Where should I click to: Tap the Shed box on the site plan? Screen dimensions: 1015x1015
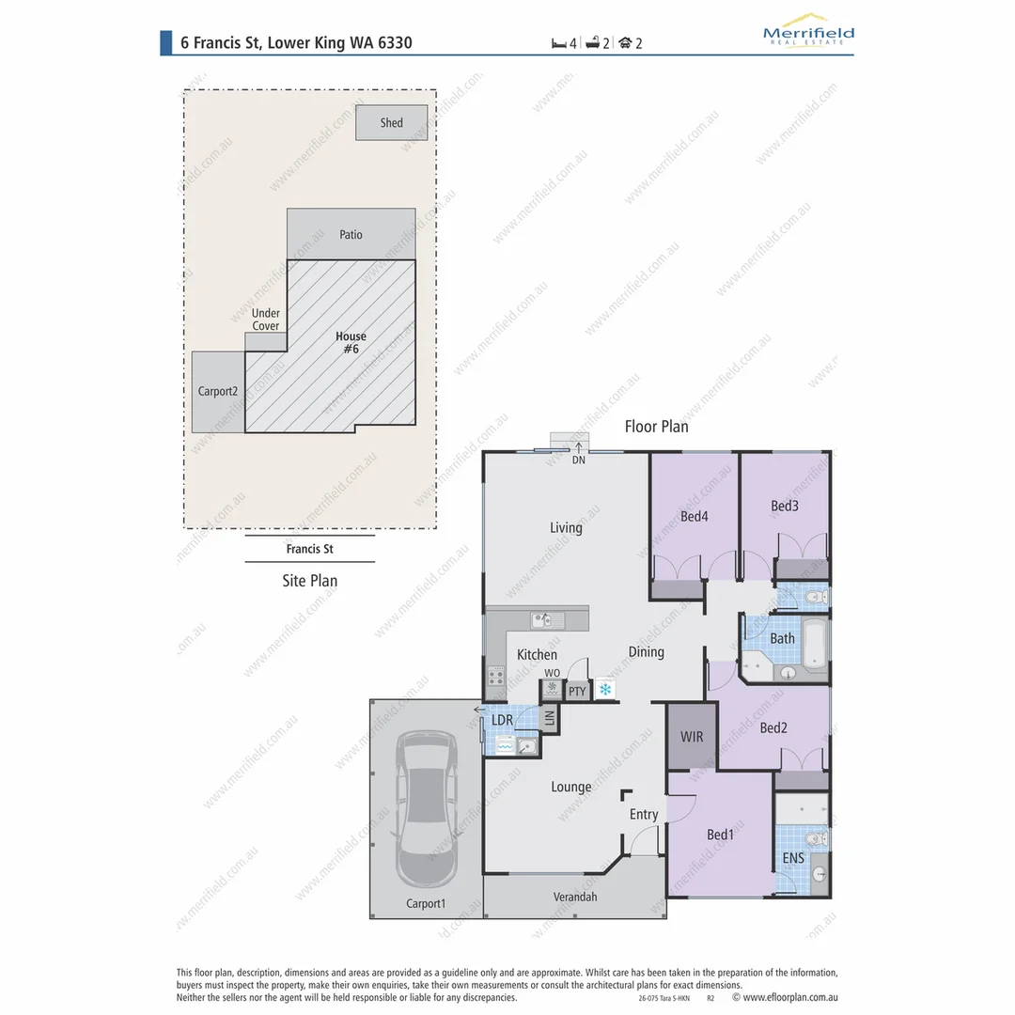(x=392, y=123)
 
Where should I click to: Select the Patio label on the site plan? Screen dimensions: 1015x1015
(x=351, y=234)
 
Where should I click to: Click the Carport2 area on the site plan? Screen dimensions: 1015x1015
(x=218, y=392)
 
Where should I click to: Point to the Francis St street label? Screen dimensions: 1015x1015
(x=309, y=549)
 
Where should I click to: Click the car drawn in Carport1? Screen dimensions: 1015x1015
(x=427, y=808)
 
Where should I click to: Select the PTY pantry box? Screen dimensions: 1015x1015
(x=577, y=692)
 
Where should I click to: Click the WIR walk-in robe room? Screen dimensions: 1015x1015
(x=692, y=737)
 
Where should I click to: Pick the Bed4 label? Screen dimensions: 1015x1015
(x=694, y=515)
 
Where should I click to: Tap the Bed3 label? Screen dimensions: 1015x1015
(x=784, y=506)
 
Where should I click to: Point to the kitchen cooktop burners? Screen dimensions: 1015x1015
(x=495, y=676)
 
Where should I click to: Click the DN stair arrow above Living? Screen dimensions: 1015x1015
(x=578, y=449)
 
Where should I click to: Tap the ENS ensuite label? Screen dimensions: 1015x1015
(x=792, y=858)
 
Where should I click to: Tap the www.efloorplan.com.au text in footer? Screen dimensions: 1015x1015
(x=790, y=998)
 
